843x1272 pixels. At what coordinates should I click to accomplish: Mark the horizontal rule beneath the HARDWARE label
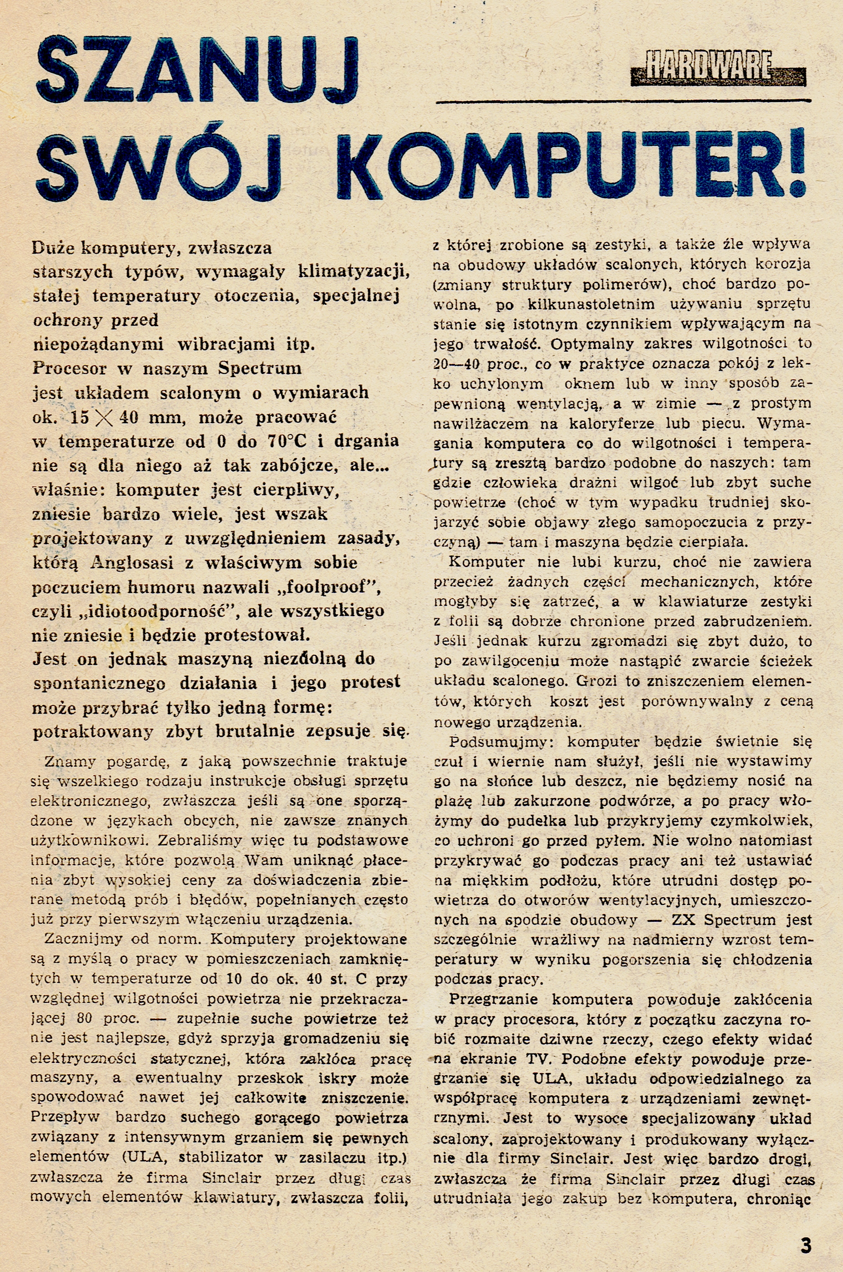623,101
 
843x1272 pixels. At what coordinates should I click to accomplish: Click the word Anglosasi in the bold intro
132,563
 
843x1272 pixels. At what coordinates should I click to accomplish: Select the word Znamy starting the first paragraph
71,761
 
